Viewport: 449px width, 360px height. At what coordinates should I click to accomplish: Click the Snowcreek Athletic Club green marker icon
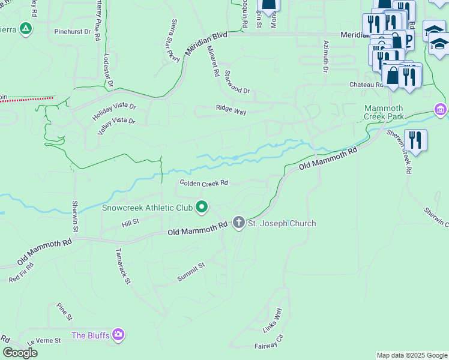coord(202,208)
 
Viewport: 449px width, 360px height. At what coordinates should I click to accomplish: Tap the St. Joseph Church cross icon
coord(238,223)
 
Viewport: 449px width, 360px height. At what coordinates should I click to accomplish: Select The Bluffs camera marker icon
coord(118,334)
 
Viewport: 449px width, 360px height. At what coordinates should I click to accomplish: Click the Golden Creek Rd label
coord(204,183)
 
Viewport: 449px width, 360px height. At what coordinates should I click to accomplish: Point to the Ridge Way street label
coord(231,110)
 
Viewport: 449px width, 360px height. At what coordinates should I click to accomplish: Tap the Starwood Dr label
coord(237,82)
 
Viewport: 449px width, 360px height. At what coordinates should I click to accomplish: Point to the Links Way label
coord(272,320)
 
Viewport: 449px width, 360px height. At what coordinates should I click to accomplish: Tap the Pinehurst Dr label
coord(71,31)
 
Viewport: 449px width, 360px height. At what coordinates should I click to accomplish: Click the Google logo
coord(20,353)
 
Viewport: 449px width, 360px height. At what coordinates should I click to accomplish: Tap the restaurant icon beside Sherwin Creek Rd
coord(415,140)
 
